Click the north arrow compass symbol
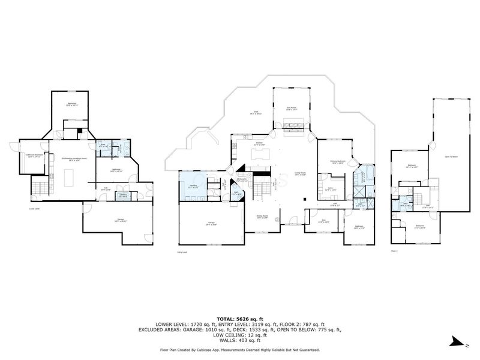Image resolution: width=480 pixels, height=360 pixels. [458, 343]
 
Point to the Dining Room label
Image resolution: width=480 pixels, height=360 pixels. [262, 217]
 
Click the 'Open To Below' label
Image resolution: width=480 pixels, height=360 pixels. [451, 157]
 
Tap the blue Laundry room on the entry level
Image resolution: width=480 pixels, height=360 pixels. [193, 187]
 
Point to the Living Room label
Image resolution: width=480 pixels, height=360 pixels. [300, 175]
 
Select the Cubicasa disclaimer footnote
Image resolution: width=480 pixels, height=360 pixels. [239, 349]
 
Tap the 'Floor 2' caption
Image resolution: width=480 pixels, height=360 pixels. [394, 250]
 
